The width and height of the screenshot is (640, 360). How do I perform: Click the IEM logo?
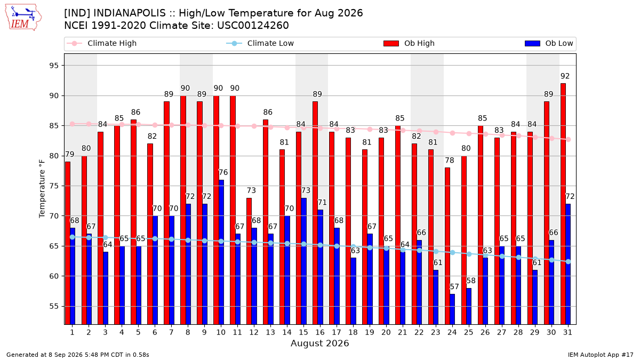[x=23, y=18]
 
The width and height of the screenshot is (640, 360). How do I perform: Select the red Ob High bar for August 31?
[x=563, y=204]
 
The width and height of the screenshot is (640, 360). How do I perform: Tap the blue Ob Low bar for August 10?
[x=221, y=252]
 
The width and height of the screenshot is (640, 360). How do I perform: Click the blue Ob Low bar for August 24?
[x=452, y=309]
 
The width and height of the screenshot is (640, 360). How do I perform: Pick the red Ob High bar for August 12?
[x=249, y=261]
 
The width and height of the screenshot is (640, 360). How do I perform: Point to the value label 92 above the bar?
[x=565, y=76]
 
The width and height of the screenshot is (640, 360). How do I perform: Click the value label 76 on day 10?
[x=223, y=172]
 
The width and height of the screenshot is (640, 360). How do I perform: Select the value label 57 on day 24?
[x=454, y=286]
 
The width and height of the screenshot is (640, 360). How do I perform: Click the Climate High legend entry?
[x=102, y=43]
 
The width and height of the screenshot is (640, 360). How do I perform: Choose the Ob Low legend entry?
[x=549, y=43]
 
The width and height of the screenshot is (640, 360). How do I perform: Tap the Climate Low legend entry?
[x=260, y=43]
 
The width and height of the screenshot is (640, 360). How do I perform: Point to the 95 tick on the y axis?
[x=54, y=66]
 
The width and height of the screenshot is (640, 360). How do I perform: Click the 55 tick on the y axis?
[x=54, y=306]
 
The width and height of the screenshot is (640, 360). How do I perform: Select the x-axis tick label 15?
[x=303, y=332]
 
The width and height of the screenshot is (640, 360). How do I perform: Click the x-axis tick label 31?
[x=567, y=332]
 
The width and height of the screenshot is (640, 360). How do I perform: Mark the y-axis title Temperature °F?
[x=42, y=189]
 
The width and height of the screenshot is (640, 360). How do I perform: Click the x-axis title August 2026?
[x=319, y=343]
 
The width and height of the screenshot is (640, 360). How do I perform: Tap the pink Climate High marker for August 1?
[x=73, y=124]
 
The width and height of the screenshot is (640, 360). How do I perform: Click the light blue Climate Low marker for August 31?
[x=569, y=262]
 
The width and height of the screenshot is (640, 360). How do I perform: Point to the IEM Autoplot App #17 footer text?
[x=601, y=355]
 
